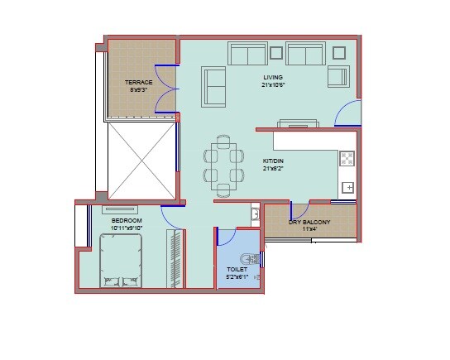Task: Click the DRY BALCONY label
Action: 309,223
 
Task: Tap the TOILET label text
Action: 237,270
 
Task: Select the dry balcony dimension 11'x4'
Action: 309,230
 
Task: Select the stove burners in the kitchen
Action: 347,159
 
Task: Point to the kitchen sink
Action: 347,188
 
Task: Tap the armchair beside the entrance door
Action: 338,76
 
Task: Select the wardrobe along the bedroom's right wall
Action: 175,258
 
